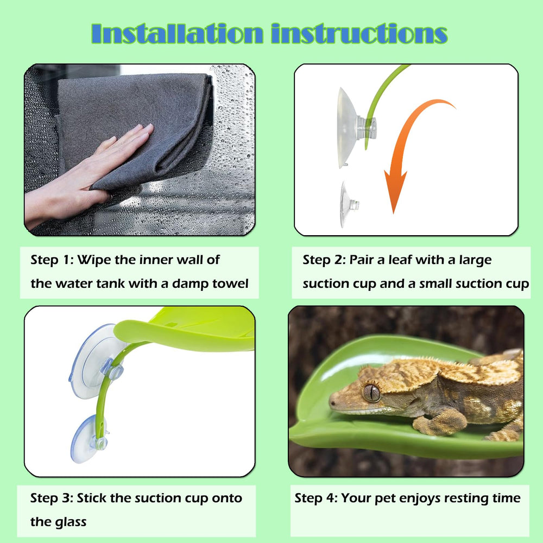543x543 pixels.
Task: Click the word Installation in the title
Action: (x=177, y=34)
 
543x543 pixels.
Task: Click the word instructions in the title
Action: (x=359, y=34)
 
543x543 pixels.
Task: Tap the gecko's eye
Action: (x=371, y=393)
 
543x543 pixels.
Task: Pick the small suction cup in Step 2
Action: (x=348, y=205)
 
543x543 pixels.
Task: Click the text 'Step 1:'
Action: (x=52, y=260)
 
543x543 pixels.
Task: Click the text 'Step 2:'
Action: (x=324, y=260)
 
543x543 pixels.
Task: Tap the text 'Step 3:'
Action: (x=52, y=498)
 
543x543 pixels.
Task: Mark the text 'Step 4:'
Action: (x=316, y=498)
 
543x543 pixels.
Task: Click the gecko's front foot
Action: (x=440, y=421)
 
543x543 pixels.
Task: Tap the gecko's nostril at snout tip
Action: (x=333, y=403)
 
